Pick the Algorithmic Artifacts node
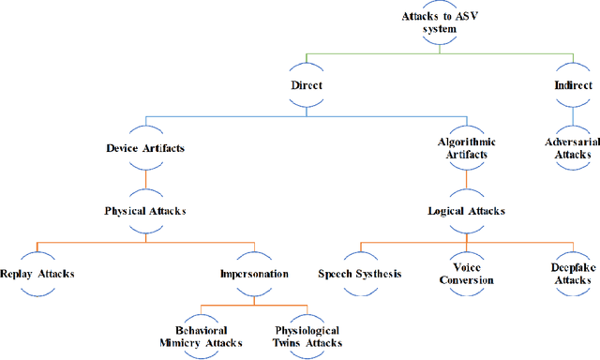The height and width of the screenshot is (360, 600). point(466,147)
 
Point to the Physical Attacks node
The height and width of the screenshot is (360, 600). point(144,210)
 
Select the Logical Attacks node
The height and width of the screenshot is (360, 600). point(466,211)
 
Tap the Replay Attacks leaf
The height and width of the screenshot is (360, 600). point(37,274)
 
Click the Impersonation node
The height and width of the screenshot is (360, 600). point(254,274)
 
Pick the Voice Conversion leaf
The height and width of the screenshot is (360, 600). point(466,273)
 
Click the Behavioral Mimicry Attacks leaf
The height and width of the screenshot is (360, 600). point(202,337)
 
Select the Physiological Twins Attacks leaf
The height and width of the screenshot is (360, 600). point(307,337)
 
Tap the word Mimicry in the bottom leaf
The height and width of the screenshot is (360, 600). point(187,343)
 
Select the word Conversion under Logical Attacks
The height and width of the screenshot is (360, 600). point(466,279)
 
